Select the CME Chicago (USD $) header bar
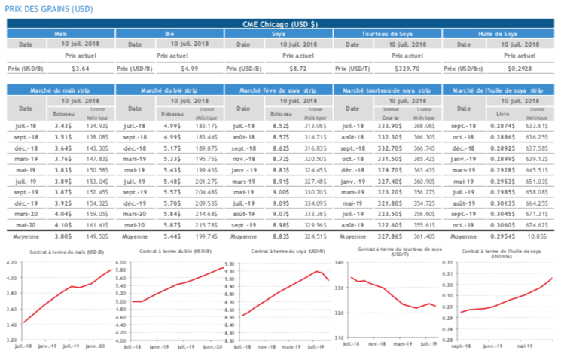282,24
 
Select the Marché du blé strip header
169,90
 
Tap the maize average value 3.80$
63,236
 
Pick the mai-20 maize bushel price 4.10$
63,224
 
